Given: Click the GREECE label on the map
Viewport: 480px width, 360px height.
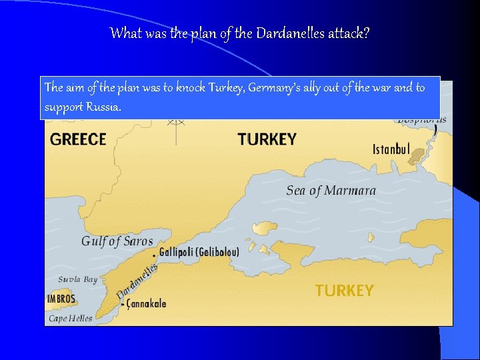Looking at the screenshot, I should tap(78, 139).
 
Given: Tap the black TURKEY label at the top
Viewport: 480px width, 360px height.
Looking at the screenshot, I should tap(267, 139).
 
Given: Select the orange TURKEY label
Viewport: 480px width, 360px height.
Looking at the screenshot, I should tap(344, 291).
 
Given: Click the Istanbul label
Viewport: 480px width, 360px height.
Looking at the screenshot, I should tap(391, 149).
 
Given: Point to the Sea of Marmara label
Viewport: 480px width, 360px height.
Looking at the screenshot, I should tap(331, 191).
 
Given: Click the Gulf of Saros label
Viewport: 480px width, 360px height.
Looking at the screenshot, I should tap(117, 241).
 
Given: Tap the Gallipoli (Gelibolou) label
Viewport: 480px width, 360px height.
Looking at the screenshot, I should tap(199, 253).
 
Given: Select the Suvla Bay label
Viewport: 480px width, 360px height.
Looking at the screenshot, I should tap(77, 279).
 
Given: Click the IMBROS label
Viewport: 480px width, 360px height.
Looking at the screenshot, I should tap(61, 299).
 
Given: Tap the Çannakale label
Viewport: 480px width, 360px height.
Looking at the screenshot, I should tap(146, 304).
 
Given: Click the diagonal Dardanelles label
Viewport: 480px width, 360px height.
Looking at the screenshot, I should tap(137, 280).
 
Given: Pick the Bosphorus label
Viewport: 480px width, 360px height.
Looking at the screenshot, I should tap(421, 119).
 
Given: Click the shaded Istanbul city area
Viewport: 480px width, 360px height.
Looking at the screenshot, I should tap(419, 157).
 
